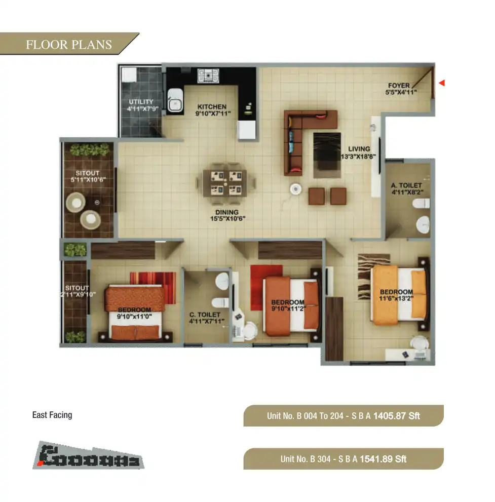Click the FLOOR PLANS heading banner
click(69, 45)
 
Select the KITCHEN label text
click(212, 110)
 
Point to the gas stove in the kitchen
click(208, 76)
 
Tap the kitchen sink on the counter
click(175, 101)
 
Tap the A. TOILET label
click(406, 189)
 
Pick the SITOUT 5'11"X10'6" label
click(87, 176)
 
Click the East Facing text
click(52, 415)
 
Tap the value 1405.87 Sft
click(396, 416)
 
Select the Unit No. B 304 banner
click(343, 459)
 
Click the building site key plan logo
click(89, 455)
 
